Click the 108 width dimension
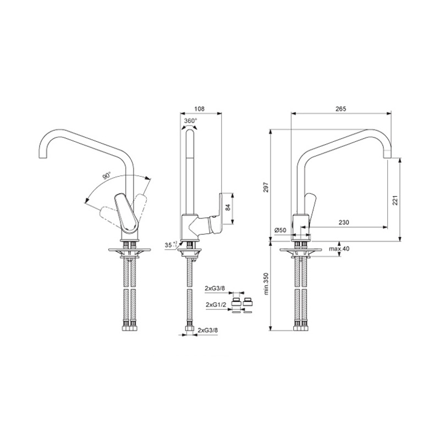(199, 108)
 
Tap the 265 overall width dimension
(341, 108)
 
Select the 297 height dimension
(266, 187)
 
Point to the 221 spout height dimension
(395, 200)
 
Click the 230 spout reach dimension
(344, 223)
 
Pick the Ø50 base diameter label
(280, 230)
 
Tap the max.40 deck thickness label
(339, 249)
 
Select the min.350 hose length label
(266, 283)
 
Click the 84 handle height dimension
(228, 207)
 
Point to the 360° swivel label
(191, 120)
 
